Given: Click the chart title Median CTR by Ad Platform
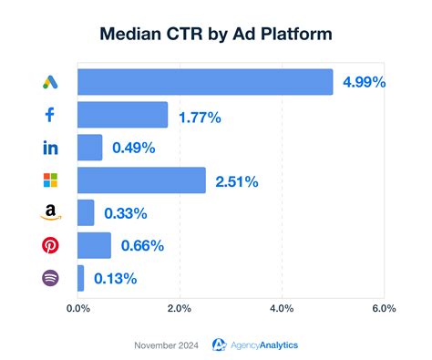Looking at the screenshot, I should [216, 35].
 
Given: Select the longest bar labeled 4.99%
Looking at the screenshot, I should [205, 82].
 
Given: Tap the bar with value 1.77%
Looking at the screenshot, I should [122, 115].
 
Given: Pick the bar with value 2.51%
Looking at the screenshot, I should [141, 180].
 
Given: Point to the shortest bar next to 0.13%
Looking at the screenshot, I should [81, 278].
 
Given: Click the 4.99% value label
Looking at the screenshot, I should [365, 82].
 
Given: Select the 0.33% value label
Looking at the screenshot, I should [126, 213].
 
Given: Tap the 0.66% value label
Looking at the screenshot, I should [142, 246].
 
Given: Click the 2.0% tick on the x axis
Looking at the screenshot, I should [180, 309].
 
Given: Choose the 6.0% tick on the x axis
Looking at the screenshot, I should [383, 309].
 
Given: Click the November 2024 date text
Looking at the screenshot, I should [168, 345].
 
